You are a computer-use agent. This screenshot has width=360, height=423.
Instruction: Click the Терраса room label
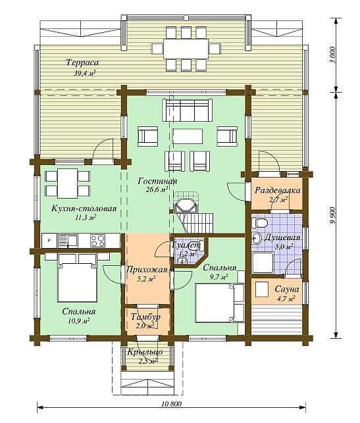click(x=82, y=63)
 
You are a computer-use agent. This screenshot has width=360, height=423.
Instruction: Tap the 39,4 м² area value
click(x=85, y=73)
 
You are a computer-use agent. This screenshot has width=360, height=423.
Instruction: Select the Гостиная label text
click(x=157, y=181)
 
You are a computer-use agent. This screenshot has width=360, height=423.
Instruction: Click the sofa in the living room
click(x=187, y=110)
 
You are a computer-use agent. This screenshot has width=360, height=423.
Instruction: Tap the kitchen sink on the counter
click(x=68, y=241)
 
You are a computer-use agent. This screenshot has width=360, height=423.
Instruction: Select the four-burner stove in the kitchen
click(x=97, y=241)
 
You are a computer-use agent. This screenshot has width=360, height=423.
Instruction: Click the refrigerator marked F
click(x=49, y=241)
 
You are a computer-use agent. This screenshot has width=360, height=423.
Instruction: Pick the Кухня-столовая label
click(x=84, y=209)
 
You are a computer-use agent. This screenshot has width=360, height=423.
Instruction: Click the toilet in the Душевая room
click(x=259, y=223)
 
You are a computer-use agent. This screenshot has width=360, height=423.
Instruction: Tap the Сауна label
click(x=287, y=289)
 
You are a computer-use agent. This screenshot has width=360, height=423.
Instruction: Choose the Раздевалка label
click(x=278, y=191)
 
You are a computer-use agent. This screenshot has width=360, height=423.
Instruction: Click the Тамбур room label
click(x=145, y=316)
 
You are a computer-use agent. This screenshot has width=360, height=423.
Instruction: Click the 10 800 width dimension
click(x=172, y=404)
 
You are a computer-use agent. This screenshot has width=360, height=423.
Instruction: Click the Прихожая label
click(x=147, y=270)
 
